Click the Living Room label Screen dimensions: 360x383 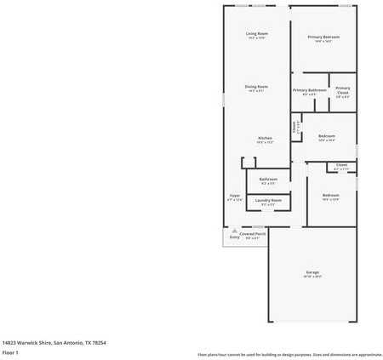(x=256, y=33)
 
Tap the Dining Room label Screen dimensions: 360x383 (x=256, y=86)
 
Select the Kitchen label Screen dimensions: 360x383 (x=266, y=138)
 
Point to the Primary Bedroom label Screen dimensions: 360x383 (x=323, y=37)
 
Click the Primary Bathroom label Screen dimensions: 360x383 (x=310, y=89)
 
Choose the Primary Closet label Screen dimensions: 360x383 (x=342, y=89)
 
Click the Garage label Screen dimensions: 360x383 (x=312, y=272)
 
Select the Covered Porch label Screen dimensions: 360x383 (x=252, y=233)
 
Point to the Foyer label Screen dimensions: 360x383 (x=234, y=195)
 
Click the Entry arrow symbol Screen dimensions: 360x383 (x=234, y=230)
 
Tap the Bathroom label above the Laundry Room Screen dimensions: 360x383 (x=268, y=179)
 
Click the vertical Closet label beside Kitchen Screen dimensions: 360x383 (x=294, y=127)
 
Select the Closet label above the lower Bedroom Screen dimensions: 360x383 (x=341, y=164)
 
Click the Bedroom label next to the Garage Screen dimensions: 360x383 (x=330, y=195)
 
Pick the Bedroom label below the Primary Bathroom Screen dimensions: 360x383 (x=326, y=135)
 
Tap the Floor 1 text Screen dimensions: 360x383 (x=10, y=351)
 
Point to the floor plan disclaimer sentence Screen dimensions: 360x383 (x=289, y=354)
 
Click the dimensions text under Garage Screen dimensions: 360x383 (x=312, y=277)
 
